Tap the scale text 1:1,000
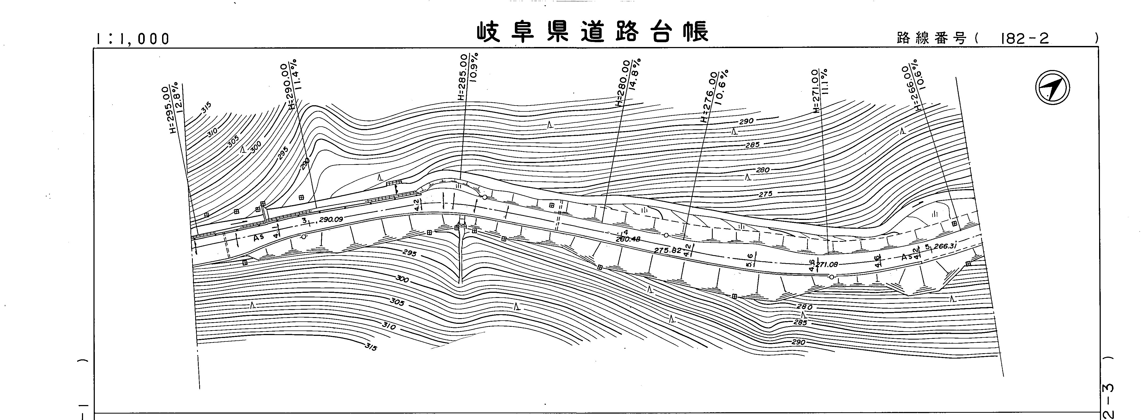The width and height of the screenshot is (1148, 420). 132,39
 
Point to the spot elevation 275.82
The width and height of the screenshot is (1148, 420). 668,251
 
